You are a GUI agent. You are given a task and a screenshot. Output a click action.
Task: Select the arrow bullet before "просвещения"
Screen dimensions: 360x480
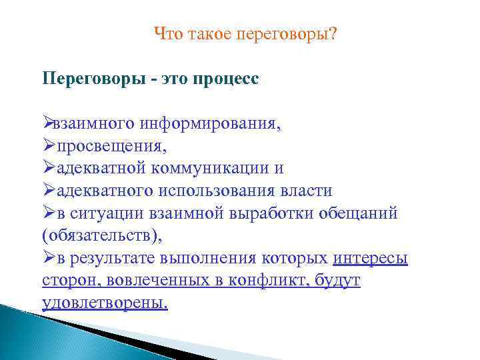tap(49, 145)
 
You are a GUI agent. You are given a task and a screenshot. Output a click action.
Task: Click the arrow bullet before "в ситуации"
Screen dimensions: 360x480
tap(49, 213)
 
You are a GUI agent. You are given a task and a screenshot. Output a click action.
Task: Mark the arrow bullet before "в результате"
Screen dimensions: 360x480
tap(49, 259)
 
